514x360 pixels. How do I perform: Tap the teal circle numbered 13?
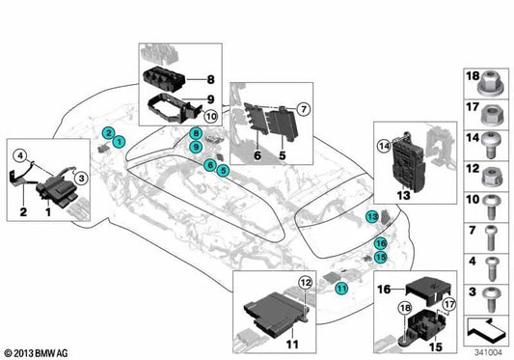coord(371,218)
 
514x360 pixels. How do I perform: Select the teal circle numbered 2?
coord(108,132)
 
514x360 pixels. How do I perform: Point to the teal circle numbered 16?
coord(381,243)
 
